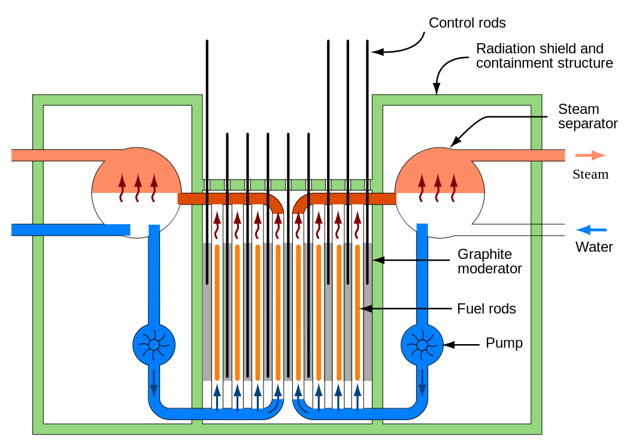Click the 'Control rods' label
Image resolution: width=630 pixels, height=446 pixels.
[x=467, y=23]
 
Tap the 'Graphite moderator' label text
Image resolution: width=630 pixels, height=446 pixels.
[x=489, y=261]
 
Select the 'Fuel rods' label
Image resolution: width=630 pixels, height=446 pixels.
[x=486, y=309]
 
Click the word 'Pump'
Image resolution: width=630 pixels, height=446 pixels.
[x=504, y=343]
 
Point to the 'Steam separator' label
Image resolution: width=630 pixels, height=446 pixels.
[x=587, y=116]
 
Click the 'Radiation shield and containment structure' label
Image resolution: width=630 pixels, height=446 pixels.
[x=544, y=56]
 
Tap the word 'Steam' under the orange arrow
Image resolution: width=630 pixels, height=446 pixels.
[x=590, y=174]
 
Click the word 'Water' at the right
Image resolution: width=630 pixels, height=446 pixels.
[x=594, y=247]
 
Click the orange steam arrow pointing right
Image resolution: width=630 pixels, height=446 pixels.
[x=590, y=155]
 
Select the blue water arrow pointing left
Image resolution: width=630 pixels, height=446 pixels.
[x=591, y=230]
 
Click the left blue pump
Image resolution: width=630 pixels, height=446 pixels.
[x=154, y=345]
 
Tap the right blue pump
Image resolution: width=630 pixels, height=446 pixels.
[x=422, y=345]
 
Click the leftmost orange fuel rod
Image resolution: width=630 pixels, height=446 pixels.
[x=217, y=312]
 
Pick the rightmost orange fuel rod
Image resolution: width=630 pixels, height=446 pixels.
[x=358, y=312]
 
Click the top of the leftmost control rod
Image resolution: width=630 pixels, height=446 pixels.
[x=207, y=41]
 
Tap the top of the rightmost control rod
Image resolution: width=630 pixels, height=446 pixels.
[x=367, y=41]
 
